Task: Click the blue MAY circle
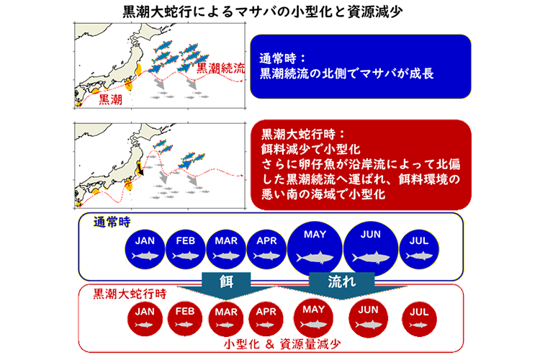click(315, 248)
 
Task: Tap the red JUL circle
click(419, 319)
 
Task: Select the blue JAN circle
click(145, 248)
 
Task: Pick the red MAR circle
click(226, 319)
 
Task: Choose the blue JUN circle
click(371, 248)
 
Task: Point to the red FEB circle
click(185, 319)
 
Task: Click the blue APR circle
click(266, 248)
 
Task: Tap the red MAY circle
click(313, 318)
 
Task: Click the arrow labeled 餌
click(226, 285)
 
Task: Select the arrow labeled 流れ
click(341, 285)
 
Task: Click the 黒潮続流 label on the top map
click(221, 68)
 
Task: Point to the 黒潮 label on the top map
click(110, 99)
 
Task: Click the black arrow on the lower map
click(140, 168)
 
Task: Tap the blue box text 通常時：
click(282, 58)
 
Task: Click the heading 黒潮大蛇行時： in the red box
click(302, 134)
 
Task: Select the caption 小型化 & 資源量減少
click(282, 344)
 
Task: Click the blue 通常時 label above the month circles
click(112, 222)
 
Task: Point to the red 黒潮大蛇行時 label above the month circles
click(130, 294)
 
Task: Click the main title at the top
click(263, 12)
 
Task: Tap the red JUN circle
click(368, 318)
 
